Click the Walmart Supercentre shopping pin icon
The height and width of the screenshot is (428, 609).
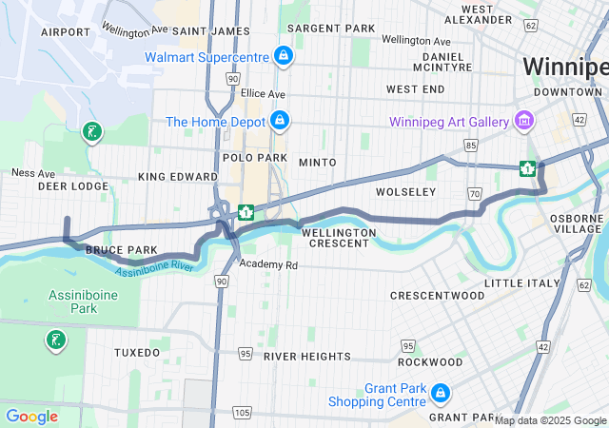[x=283, y=56]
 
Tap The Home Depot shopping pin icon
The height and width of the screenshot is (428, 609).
[x=279, y=121]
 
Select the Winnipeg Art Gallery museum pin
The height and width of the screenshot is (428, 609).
[x=522, y=120]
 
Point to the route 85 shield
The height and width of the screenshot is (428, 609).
[x=471, y=146]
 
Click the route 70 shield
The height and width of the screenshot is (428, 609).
[x=473, y=194]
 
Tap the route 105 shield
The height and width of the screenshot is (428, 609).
[x=243, y=412]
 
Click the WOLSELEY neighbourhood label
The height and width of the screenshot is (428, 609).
[x=405, y=192]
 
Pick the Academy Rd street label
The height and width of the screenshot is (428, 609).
[x=268, y=264]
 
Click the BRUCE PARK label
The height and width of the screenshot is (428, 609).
[x=121, y=250]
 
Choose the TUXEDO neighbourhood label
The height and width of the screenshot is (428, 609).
[x=137, y=352]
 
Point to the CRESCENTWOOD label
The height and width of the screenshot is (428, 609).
[x=437, y=296]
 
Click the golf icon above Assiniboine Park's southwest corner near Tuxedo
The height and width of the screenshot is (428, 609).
[x=56, y=340]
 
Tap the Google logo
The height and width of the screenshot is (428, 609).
[x=31, y=417]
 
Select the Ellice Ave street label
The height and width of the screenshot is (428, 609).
[x=263, y=94]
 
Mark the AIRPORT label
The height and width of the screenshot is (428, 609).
[x=65, y=31]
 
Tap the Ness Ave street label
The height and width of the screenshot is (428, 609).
[x=33, y=173]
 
